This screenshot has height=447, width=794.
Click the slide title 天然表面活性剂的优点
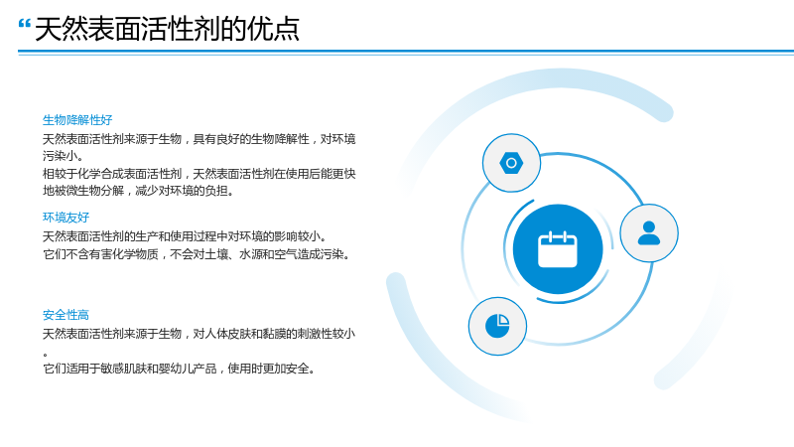(167, 29)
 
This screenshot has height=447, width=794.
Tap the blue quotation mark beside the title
(24, 24)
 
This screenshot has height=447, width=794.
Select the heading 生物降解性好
(77, 120)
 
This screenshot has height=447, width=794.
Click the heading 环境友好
(66, 218)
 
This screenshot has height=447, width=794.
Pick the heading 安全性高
(66, 315)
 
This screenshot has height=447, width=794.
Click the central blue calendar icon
(558, 249)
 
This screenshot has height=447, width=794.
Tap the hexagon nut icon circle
(511, 163)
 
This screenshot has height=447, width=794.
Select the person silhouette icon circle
(649, 233)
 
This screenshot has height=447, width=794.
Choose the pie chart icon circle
(497, 326)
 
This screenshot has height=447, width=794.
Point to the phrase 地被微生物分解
(83, 191)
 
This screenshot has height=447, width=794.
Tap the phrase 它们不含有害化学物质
(100, 254)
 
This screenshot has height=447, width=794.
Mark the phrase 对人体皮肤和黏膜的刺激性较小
(274, 334)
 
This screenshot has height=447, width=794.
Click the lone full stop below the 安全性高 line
(45, 355)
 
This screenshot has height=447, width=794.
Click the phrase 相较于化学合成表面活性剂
(112, 174)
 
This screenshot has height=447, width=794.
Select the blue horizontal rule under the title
(406, 52)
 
